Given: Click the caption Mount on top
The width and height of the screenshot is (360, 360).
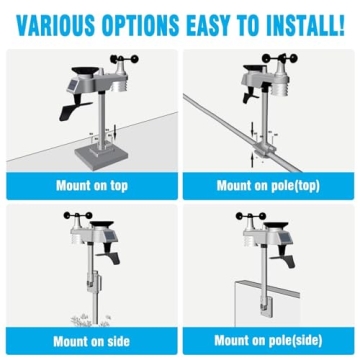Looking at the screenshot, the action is click(x=92, y=186).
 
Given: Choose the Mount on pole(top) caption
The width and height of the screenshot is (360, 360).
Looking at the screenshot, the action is click(x=268, y=186).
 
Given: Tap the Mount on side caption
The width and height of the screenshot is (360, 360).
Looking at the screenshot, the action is click(x=91, y=341).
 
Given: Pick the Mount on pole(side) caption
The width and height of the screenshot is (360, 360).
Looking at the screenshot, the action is click(x=268, y=341).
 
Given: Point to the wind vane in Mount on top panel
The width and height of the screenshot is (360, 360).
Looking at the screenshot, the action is click(x=75, y=107).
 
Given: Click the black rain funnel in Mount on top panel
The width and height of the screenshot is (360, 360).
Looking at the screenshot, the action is click(x=85, y=71).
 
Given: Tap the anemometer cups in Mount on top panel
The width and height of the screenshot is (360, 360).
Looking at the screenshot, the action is click(x=124, y=59).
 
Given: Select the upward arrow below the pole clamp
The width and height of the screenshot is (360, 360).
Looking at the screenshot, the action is click(x=252, y=161).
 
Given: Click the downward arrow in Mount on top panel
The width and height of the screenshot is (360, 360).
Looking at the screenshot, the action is click(x=115, y=133).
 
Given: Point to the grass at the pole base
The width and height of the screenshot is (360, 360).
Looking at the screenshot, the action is click(x=90, y=320).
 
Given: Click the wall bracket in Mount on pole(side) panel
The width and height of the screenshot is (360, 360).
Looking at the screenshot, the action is click(x=266, y=304).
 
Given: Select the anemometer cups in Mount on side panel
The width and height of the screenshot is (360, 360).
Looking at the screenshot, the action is click(x=78, y=216).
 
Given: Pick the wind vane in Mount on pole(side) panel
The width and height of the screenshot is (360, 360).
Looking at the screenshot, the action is click(x=283, y=257).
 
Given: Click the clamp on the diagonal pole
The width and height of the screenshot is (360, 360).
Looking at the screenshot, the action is click(x=264, y=149).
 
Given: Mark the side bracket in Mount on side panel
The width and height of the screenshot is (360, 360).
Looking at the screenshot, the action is click(x=92, y=282).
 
